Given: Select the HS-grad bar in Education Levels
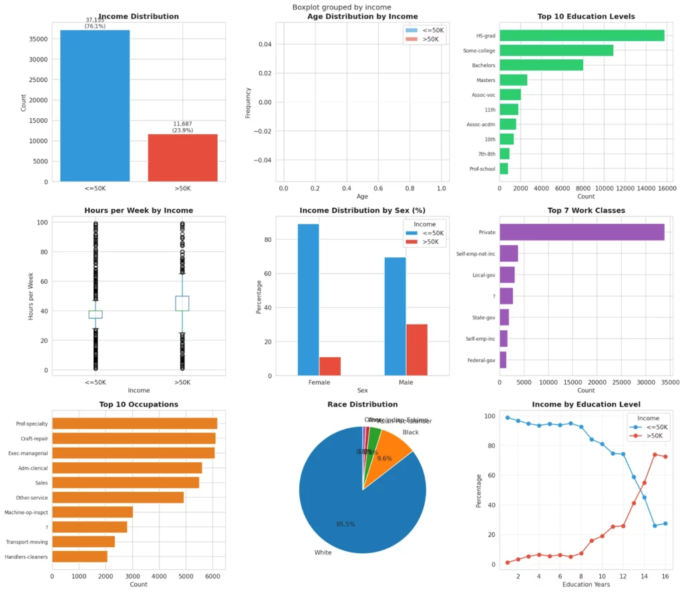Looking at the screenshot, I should coord(582,35).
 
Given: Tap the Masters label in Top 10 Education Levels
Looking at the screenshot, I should coord(486,80).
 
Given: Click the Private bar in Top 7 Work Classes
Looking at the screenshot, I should coord(582,233).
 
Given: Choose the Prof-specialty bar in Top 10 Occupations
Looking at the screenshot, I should coord(134,424).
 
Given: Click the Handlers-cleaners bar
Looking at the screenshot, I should coord(79,557).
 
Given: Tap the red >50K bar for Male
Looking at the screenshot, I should coord(417,350).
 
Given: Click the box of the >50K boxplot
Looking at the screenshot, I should coord(182,303).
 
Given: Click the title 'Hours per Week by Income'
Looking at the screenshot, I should coord(139,210).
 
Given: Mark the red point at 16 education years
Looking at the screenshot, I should coord(664,457).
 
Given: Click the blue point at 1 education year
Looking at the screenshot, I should coord(507,418).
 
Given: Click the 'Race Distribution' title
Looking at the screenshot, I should coord(362,404).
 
